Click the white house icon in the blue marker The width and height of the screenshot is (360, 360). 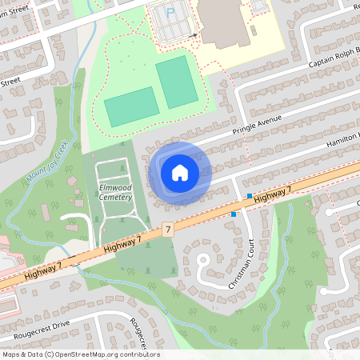tap(180, 171)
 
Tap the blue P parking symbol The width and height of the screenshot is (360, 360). tap(170, 13)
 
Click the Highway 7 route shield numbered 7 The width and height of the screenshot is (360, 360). tap(167, 229)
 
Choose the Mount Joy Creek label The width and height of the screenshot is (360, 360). tap(46, 162)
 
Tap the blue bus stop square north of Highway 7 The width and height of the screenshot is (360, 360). tap(250, 196)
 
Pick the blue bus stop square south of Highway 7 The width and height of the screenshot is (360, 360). tap(234, 214)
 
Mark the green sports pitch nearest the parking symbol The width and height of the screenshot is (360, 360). tap(176, 82)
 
